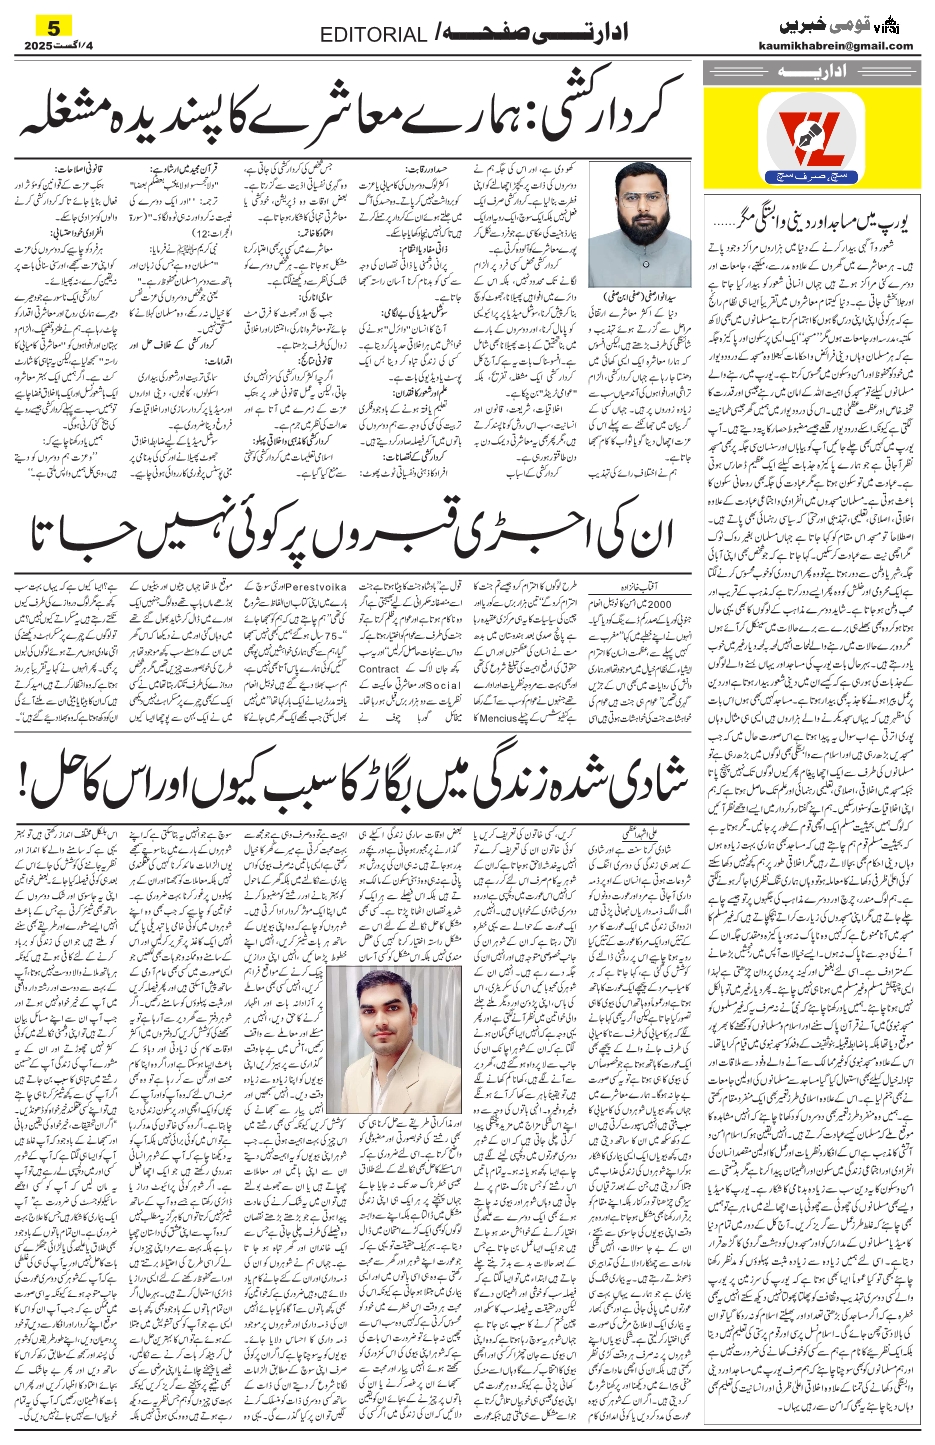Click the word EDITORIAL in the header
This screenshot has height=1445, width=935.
373,35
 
